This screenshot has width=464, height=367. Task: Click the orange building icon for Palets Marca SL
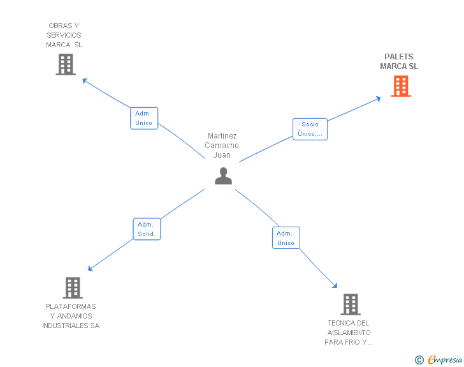pos(400,86)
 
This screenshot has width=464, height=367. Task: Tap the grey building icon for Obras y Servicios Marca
pos(66,64)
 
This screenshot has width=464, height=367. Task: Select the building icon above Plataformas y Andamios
pos(73,288)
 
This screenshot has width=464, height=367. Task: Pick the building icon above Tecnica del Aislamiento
pos(350,304)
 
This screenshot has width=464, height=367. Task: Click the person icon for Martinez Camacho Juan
pos(223,176)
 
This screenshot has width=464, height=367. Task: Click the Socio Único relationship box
pos(310,129)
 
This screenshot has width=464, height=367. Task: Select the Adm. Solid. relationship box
pos(147,229)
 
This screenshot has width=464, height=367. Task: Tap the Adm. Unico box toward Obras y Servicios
pos(143,118)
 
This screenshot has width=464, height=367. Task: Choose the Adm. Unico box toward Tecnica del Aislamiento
pos(286,238)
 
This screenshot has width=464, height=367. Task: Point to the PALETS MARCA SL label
pos(399,61)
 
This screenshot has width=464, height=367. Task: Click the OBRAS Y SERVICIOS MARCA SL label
pos(64,35)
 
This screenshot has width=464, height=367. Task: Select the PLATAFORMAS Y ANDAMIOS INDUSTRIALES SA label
pos(71,316)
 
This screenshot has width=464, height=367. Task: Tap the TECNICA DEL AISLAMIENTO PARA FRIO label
pos(348,333)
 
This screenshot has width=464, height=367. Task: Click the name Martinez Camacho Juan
pos(222,146)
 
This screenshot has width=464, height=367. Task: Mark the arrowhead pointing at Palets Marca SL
pos(378,98)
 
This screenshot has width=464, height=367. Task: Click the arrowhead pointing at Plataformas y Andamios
pos(91,269)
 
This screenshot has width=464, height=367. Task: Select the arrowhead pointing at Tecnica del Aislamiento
pos(335,286)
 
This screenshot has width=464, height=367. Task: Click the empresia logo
pos(445,360)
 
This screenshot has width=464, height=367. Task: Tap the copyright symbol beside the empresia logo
pos(419,360)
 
